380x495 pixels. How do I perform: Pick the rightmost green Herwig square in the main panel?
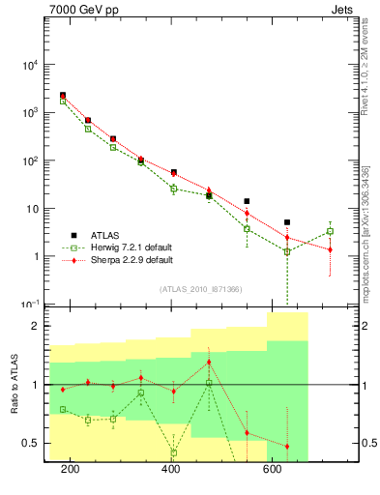coord(330,231)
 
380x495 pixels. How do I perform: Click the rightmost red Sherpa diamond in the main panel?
coord(330,249)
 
